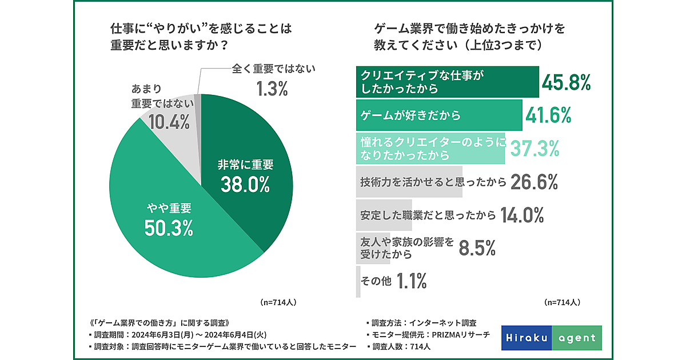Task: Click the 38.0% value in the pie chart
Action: [x=245, y=185]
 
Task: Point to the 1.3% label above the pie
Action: [x=271, y=89]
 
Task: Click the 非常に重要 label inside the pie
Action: [x=246, y=165]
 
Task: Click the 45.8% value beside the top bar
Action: [x=566, y=83]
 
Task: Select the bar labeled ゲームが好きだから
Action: [x=438, y=115]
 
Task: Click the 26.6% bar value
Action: [x=533, y=182]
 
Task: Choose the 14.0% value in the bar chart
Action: [x=521, y=215]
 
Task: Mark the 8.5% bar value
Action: [x=478, y=248]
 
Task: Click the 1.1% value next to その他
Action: [x=412, y=281]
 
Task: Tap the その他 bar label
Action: [x=375, y=281]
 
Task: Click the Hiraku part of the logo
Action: [x=527, y=338]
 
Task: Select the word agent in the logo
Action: [x=576, y=338]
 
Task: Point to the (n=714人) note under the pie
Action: [x=278, y=301]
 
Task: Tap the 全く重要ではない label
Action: [x=274, y=69]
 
